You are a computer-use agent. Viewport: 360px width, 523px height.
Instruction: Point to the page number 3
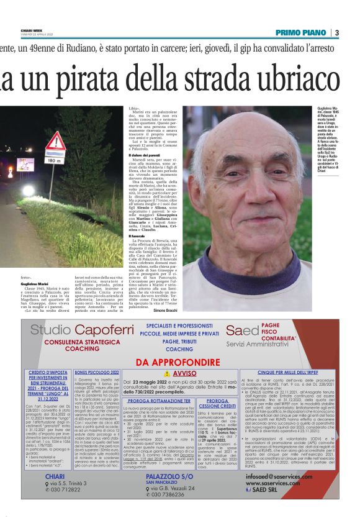(x=336, y=32)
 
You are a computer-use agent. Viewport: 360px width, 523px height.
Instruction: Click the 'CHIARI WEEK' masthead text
(x=33, y=29)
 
